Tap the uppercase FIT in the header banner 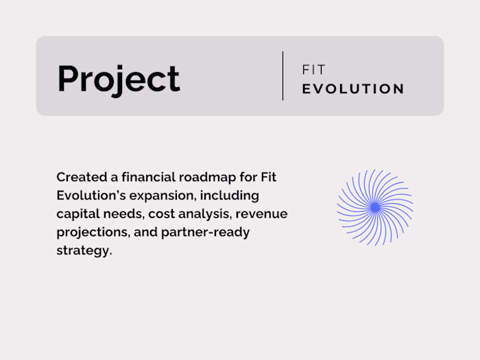click(313, 70)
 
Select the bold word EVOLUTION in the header click(353, 89)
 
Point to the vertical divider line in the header click(283, 75)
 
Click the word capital click(78, 214)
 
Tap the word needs click(124, 214)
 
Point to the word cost click(163, 214)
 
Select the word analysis click(204, 214)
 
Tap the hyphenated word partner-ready click(206, 232)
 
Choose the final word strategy click(83, 251)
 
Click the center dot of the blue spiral click(375, 206)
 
